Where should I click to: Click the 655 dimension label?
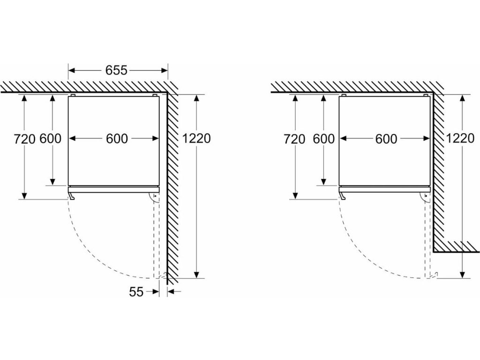tap(116, 70)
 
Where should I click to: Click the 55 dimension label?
tap(136, 292)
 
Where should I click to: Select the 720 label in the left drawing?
tap(24, 139)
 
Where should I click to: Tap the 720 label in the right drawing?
tap(295, 139)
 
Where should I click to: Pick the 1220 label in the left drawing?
tap(197, 138)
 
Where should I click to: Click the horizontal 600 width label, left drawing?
tap(116, 139)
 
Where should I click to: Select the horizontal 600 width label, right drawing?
tap(386, 139)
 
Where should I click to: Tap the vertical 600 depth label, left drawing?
tap(51, 139)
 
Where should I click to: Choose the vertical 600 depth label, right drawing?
tap(323, 139)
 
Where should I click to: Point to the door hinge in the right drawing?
tap(425, 197)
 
